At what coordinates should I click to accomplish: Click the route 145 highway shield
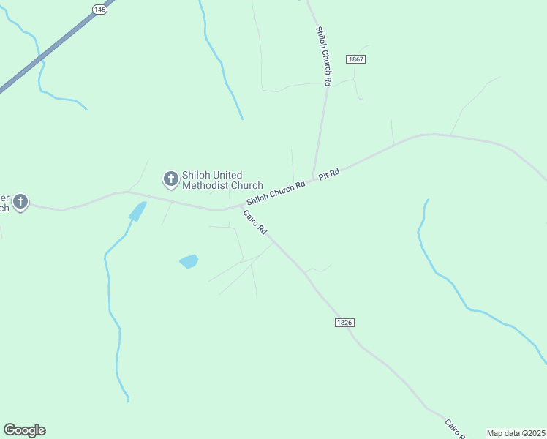[99, 9]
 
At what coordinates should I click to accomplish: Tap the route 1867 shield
[356, 59]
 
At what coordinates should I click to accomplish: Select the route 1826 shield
[345, 323]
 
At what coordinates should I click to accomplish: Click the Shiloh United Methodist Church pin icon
[170, 179]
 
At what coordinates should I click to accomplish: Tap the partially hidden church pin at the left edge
[20, 202]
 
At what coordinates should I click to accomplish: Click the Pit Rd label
[330, 174]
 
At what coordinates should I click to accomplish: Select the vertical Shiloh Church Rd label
[323, 57]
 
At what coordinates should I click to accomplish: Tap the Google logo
[24, 430]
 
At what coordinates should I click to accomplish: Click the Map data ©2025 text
[516, 433]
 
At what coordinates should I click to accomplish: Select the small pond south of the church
[189, 261]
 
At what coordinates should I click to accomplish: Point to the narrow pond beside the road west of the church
[137, 211]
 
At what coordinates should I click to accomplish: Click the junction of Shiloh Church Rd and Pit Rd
[313, 179]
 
